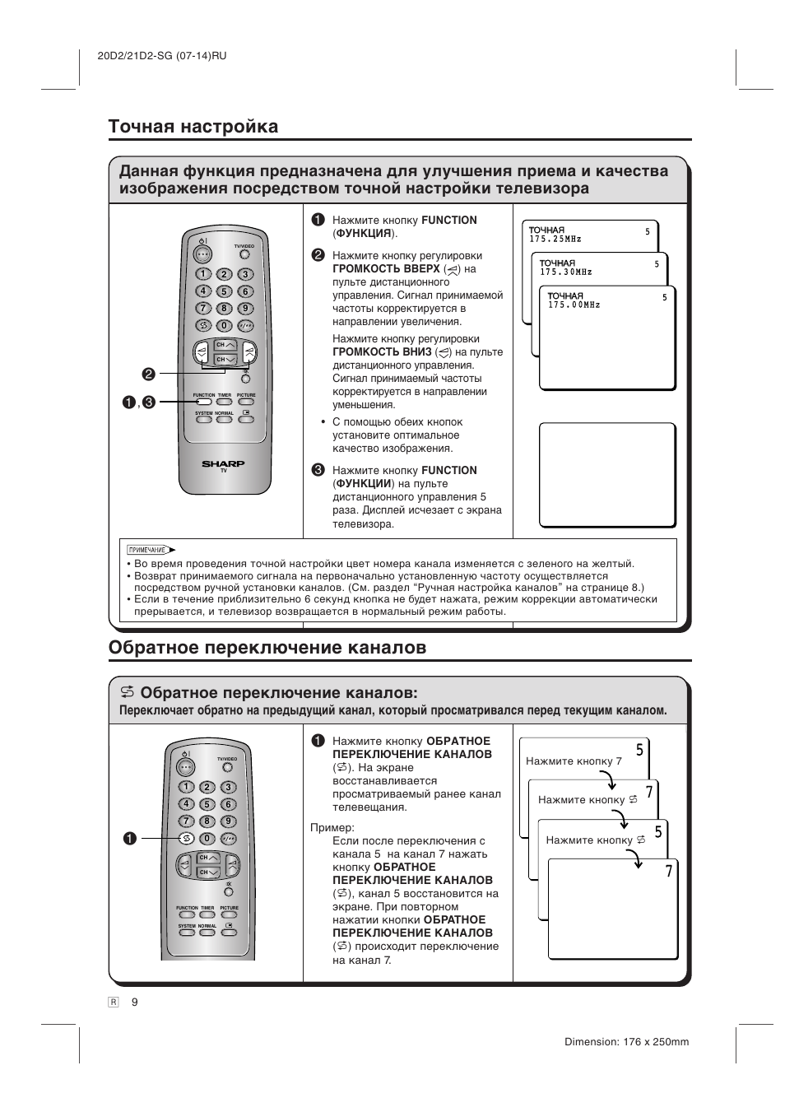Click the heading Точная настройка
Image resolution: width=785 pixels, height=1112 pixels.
tap(193, 126)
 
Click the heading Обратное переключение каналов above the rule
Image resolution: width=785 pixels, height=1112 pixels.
tap(267, 647)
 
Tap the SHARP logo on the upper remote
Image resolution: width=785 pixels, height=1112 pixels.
tap(223, 464)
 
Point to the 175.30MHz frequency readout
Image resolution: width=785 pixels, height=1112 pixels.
tap(565, 272)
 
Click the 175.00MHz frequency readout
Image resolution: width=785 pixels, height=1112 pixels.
tap(574, 305)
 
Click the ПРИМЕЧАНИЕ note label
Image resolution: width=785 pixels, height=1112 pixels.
tap(148, 550)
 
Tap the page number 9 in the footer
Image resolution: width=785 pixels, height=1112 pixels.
tap(135, 1001)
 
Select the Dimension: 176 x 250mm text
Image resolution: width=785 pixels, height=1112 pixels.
tap(626, 1041)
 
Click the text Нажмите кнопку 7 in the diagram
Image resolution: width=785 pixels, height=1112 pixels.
tap(574, 761)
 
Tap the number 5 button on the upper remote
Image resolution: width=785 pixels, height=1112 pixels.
tap(223, 291)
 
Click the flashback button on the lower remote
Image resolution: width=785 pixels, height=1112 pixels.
tap(187, 838)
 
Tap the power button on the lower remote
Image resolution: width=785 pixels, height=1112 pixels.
tap(186, 765)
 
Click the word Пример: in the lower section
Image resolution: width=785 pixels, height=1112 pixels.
tap(332, 827)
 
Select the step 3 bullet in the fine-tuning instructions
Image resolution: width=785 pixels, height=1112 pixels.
tap(318, 470)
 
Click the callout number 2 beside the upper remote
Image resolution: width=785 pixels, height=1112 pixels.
tap(148, 374)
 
